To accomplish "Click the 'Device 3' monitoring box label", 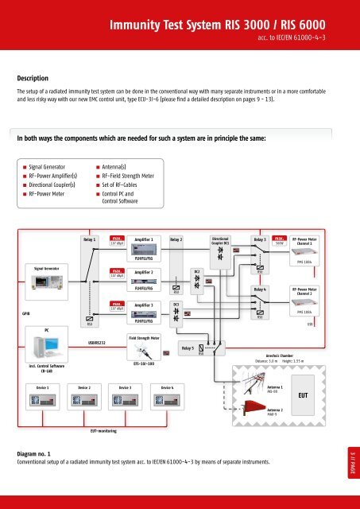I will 126,387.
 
